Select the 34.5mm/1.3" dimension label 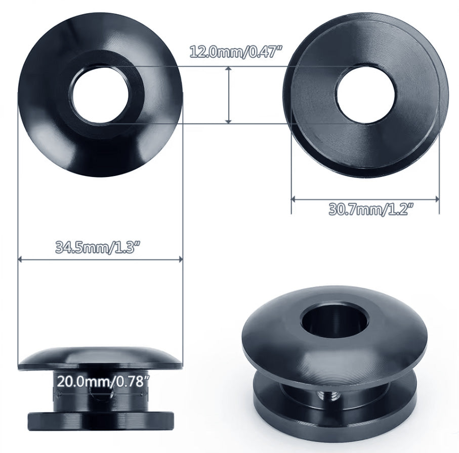click(97, 248)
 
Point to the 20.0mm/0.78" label click(103, 381)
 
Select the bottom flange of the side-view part click(101, 420)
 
